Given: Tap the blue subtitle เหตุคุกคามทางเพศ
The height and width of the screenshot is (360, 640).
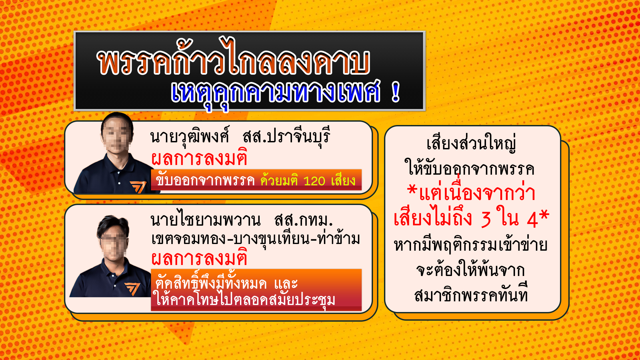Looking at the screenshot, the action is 275,93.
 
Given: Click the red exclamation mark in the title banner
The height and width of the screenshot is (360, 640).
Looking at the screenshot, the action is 396,92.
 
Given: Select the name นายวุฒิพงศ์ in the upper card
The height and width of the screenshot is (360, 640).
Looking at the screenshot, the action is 190,137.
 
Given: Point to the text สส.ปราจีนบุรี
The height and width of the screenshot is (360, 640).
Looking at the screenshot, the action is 286,137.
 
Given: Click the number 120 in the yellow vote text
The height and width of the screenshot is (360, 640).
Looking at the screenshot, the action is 314,181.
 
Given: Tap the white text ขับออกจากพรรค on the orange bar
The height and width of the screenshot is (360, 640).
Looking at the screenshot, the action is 205,180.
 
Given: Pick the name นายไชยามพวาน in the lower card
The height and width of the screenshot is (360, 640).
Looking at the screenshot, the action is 205,220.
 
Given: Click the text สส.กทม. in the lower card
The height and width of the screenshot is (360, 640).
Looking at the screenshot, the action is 303,220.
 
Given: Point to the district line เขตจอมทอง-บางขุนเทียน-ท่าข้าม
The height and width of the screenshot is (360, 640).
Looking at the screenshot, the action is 256,238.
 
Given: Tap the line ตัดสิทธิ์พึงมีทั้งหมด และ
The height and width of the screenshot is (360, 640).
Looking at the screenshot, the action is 226,283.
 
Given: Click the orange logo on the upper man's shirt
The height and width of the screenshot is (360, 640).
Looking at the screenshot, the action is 138,187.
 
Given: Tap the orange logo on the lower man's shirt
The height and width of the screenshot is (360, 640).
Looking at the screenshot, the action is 132,288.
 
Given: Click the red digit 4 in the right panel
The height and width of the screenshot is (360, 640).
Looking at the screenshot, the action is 533,220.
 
